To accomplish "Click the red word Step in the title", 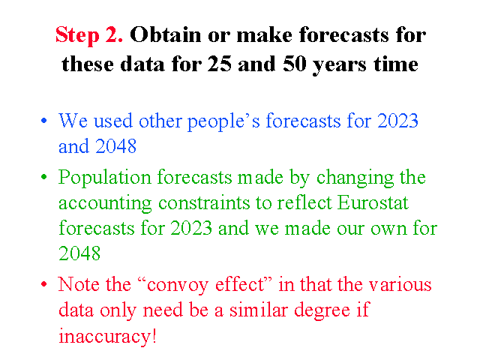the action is [x=77, y=35].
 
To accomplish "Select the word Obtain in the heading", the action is [x=165, y=34].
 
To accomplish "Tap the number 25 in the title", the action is [x=219, y=64].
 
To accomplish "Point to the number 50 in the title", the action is [x=295, y=64].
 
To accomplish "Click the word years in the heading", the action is [x=339, y=66].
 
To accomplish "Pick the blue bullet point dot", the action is [x=44, y=121].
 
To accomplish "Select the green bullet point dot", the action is [x=44, y=177].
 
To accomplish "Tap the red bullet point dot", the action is [x=44, y=284].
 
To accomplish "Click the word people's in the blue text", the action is [x=223, y=121].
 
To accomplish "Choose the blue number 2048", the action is [x=115, y=146].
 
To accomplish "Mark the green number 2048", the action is [x=79, y=253].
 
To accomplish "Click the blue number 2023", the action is [x=397, y=121].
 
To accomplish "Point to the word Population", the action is [x=105, y=178].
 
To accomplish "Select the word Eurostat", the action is [x=373, y=202].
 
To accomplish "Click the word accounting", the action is [x=105, y=204].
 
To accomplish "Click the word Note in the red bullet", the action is [x=79, y=284].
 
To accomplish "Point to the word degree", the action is [x=322, y=311].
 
